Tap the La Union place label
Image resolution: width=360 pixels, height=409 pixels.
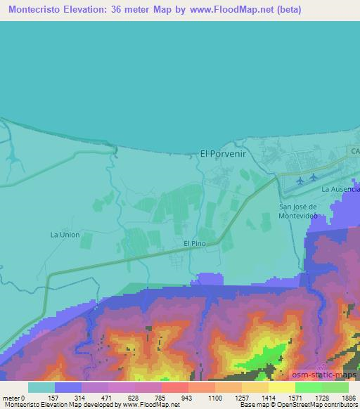[x=64, y=235]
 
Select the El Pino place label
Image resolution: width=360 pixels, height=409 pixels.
[x=194, y=243]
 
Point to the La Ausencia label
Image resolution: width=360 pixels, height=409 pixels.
[x=340, y=190]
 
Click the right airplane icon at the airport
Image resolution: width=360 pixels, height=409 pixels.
[x=314, y=177]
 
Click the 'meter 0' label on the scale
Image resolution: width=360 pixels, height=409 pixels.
[x=14, y=398]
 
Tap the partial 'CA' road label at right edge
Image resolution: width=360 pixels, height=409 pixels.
[x=354, y=150]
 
